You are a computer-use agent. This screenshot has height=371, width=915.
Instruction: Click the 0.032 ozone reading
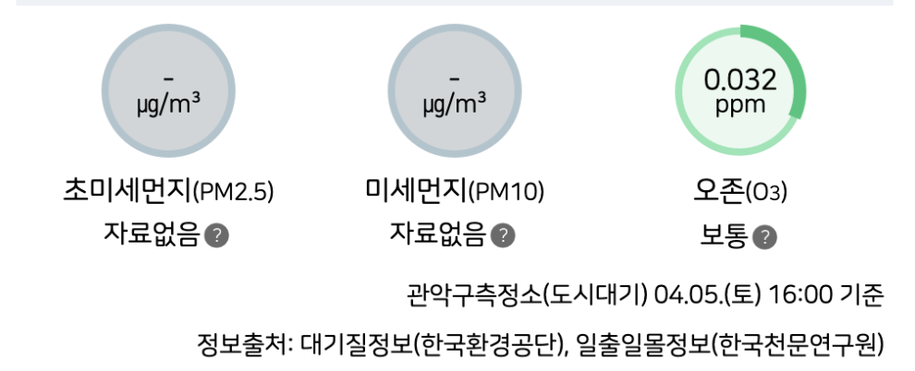(x=739, y=80)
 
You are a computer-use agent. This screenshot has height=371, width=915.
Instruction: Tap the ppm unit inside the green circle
(x=740, y=104)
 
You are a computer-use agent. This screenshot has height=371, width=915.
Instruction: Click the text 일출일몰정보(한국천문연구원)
(x=730, y=345)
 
